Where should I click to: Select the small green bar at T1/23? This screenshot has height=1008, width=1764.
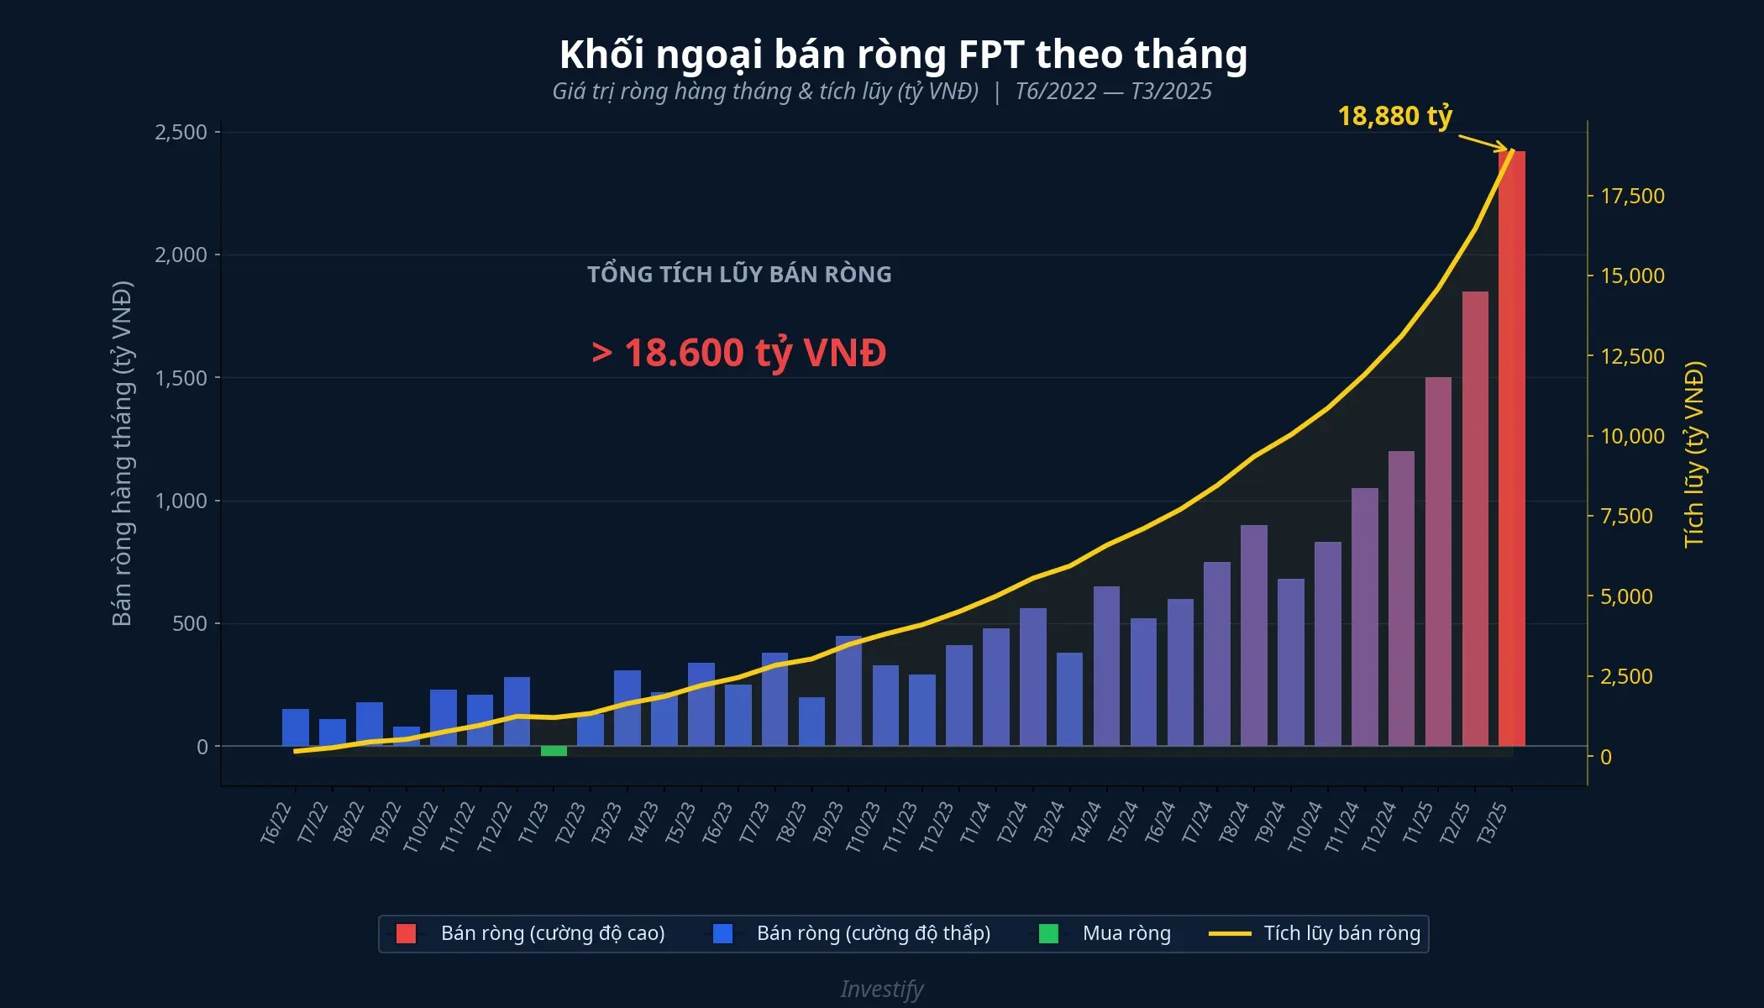[554, 751]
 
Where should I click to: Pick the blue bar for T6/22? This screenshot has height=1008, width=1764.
[296, 727]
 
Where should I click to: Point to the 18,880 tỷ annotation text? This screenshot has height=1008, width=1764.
[1394, 116]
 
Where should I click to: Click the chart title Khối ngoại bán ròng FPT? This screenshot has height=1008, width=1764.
[903, 55]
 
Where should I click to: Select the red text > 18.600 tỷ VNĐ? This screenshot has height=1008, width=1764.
[739, 353]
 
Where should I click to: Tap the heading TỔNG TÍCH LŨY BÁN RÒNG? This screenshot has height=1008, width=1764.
[739, 275]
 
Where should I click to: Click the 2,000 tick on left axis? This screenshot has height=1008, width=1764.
[181, 255]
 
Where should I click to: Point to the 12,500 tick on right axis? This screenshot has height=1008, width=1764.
[1632, 356]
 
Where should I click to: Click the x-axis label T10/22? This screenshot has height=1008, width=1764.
[421, 827]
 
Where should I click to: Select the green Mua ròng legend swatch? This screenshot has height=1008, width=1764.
[1048, 933]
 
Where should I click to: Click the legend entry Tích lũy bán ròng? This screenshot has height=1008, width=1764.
[1341, 933]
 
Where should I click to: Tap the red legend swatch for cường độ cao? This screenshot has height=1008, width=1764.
[406, 933]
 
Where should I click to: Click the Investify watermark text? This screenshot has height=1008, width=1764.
[882, 989]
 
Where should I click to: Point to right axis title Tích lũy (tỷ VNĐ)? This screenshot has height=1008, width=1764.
[1694, 454]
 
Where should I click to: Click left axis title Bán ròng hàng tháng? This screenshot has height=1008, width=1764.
[123, 454]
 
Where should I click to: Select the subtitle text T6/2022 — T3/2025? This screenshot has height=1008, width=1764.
[1113, 92]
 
